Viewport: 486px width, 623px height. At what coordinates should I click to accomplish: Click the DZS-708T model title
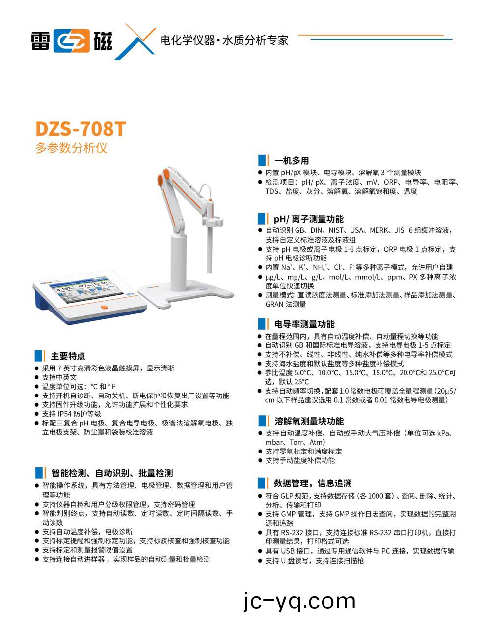[x=81, y=129]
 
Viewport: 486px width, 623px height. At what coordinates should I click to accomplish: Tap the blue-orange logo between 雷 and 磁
[x=72, y=41]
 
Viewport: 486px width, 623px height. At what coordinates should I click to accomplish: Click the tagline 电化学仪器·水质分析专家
[x=224, y=40]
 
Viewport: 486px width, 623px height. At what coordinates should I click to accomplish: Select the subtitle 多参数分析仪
[x=71, y=148]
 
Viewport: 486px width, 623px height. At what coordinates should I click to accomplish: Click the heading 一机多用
[x=291, y=161]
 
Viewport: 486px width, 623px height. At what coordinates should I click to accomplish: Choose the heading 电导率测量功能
[x=304, y=324]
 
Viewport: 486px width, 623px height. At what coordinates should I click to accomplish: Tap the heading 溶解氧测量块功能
[x=309, y=421]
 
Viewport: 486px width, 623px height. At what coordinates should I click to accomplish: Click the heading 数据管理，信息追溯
[x=313, y=483]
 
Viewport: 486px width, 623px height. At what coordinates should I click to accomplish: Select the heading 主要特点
[x=68, y=356]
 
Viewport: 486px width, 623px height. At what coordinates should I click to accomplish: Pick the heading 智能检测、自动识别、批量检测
[x=112, y=473]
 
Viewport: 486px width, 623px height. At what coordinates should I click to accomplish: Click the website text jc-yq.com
[x=299, y=600]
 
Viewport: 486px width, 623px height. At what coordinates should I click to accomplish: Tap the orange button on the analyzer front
[x=104, y=308]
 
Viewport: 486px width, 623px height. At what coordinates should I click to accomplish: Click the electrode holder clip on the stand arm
[x=212, y=223]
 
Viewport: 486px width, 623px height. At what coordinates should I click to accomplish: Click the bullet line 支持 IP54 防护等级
[x=71, y=414]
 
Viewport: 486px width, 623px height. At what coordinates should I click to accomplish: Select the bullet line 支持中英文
[x=59, y=377]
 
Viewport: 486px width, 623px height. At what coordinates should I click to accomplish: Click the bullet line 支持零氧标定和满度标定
[x=303, y=452]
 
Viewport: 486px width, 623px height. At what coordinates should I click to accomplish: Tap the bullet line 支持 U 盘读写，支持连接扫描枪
[x=314, y=561]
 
